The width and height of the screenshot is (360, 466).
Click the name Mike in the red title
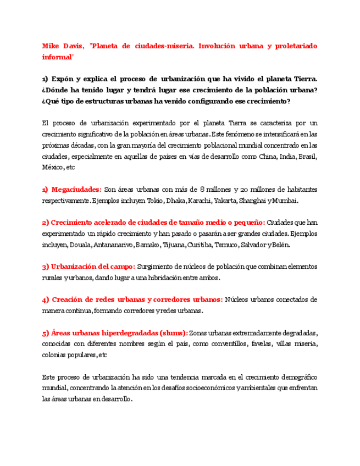[x=51, y=46]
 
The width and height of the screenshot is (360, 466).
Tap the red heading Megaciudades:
[x=72, y=190]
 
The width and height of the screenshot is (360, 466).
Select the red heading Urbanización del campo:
[x=88, y=267]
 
